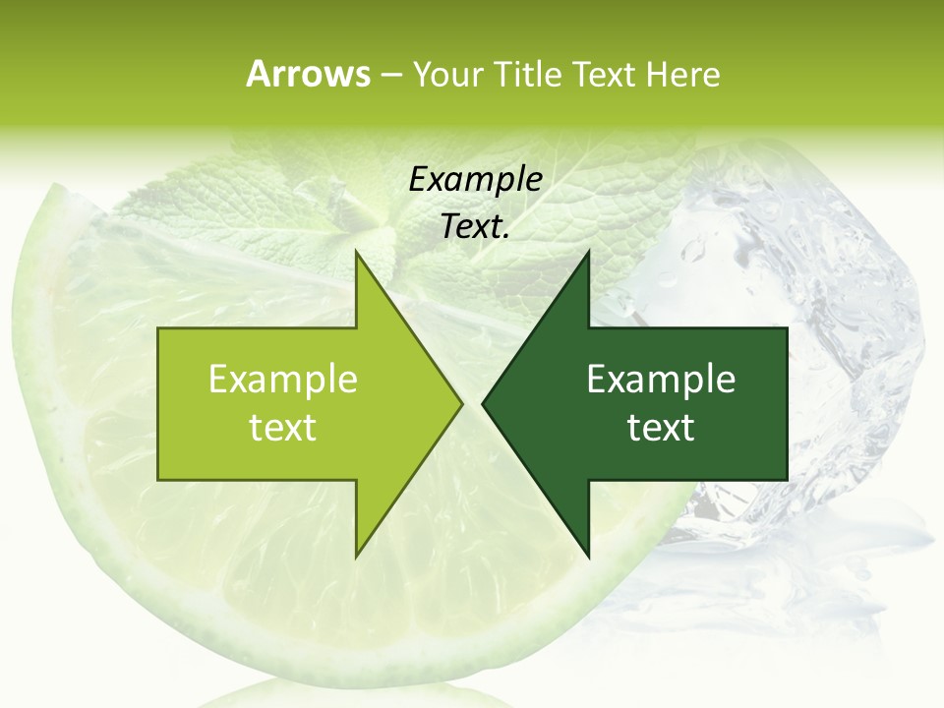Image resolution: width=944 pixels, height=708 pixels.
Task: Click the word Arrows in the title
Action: pos(308,74)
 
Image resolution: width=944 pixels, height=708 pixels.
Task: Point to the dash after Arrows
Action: pos(390,75)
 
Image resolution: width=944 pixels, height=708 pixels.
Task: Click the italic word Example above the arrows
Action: pos(475,179)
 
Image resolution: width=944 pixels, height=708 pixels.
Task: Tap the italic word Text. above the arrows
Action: pos(475,226)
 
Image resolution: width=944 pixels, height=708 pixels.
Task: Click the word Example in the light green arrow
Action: pos(283,380)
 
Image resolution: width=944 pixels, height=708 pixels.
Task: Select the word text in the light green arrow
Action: pos(283,428)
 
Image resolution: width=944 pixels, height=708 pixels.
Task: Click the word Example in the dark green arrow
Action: pos(661,380)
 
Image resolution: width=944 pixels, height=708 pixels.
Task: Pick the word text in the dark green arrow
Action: pos(661,428)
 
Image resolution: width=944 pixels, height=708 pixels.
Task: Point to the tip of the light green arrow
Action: pos(460,404)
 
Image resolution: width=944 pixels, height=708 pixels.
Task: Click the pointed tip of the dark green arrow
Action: pos(484,404)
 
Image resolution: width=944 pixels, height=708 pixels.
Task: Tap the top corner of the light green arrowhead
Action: pos(357,254)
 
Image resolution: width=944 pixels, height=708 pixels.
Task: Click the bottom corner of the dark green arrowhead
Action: pos(588,555)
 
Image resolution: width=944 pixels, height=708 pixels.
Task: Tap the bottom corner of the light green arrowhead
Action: pos(357,555)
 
